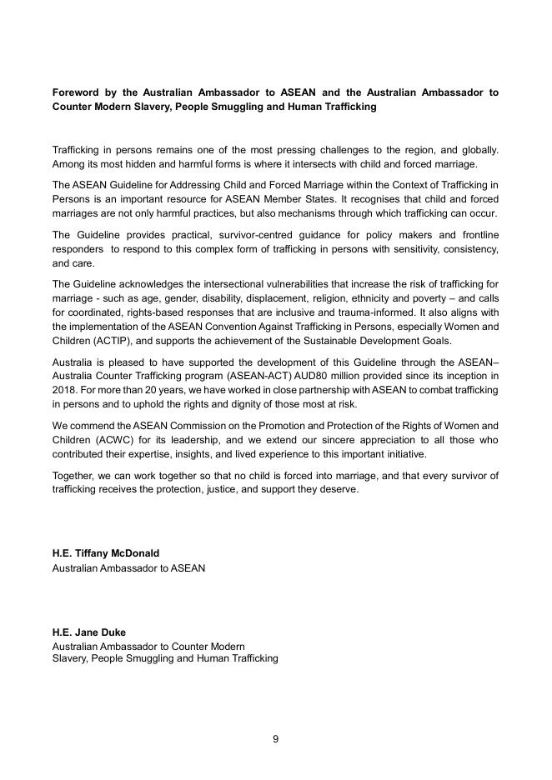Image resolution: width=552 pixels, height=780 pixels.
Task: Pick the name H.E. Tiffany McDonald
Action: click(x=106, y=553)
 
